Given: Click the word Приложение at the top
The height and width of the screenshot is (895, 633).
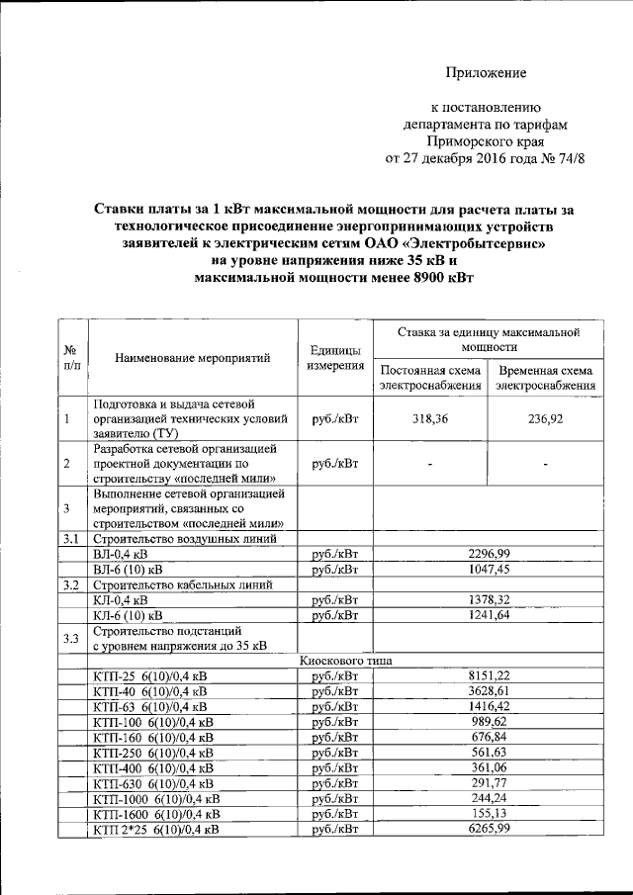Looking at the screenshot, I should click(x=486, y=72).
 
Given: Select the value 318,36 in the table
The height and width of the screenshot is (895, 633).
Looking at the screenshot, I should click(x=429, y=419).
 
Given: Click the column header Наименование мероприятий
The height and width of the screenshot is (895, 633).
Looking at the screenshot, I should click(x=192, y=359).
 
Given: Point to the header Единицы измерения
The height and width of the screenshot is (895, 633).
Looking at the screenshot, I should click(x=333, y=359).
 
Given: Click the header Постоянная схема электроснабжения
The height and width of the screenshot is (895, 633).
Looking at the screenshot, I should click(x=430, y=378).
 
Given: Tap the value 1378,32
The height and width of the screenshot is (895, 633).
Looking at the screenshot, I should click(x=489, y=599).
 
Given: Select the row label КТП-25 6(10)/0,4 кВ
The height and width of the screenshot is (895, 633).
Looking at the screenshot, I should click(x=149, y=675).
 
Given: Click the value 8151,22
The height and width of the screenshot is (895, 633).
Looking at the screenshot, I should click(x=489, y=675).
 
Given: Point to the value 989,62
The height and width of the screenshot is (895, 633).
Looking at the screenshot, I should click(x=489, y=722).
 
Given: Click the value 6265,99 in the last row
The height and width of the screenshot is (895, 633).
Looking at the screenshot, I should click(x=489, y=829).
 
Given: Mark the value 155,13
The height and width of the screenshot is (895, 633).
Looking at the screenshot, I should click(x=489, y=814).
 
